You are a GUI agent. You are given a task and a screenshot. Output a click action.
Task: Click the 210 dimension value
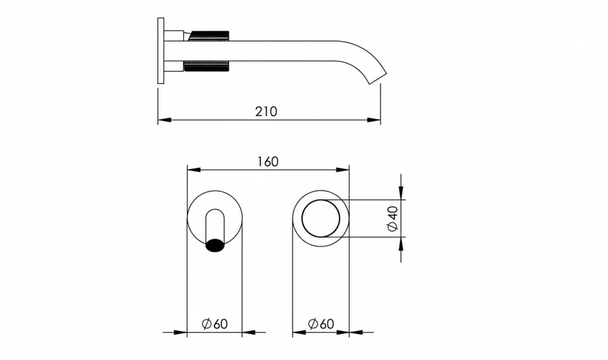266,112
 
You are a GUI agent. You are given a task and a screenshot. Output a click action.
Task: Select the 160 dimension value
268,161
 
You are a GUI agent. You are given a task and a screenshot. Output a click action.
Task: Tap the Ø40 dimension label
392,219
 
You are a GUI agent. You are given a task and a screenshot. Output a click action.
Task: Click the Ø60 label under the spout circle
215,324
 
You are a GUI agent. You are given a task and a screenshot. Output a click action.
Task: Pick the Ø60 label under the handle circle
320,324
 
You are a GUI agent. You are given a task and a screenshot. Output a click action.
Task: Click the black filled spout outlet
215,246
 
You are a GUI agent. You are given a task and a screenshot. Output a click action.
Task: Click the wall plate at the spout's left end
161,50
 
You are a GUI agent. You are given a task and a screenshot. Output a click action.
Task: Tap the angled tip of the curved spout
378,78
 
